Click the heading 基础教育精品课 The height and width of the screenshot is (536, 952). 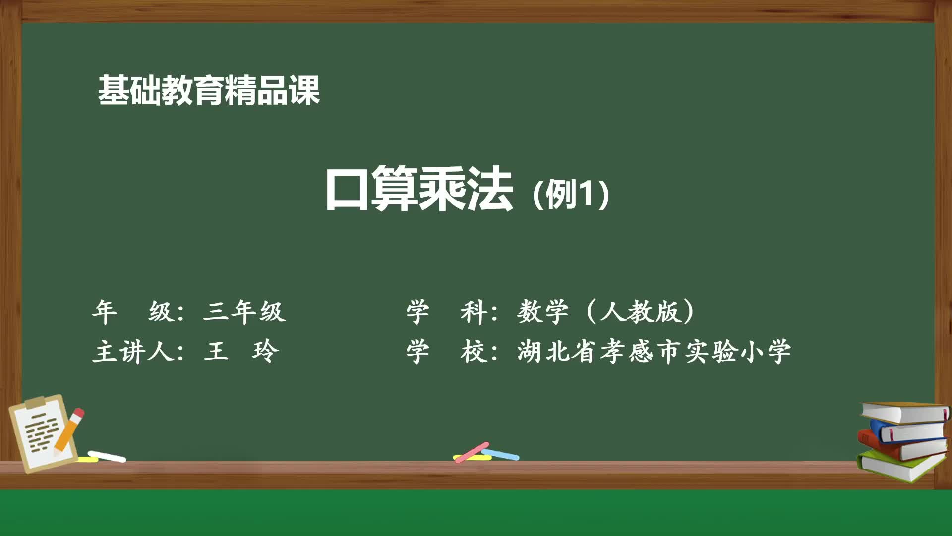coord(209,90)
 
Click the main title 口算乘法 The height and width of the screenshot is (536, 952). coord(419,189)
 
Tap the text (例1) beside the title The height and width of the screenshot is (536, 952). coord(570,194)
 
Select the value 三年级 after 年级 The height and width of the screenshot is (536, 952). coord(244,312)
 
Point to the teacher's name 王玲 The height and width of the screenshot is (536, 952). coord(241,352)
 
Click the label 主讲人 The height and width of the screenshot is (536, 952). coord(133,352)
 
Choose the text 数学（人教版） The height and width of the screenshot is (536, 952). coord(606,312)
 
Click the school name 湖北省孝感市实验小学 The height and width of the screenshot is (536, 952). coord(654,352)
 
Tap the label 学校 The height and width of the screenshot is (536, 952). coord(446,352)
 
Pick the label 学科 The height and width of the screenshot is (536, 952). coord(446,312)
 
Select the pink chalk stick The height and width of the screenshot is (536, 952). coord(472,452)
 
